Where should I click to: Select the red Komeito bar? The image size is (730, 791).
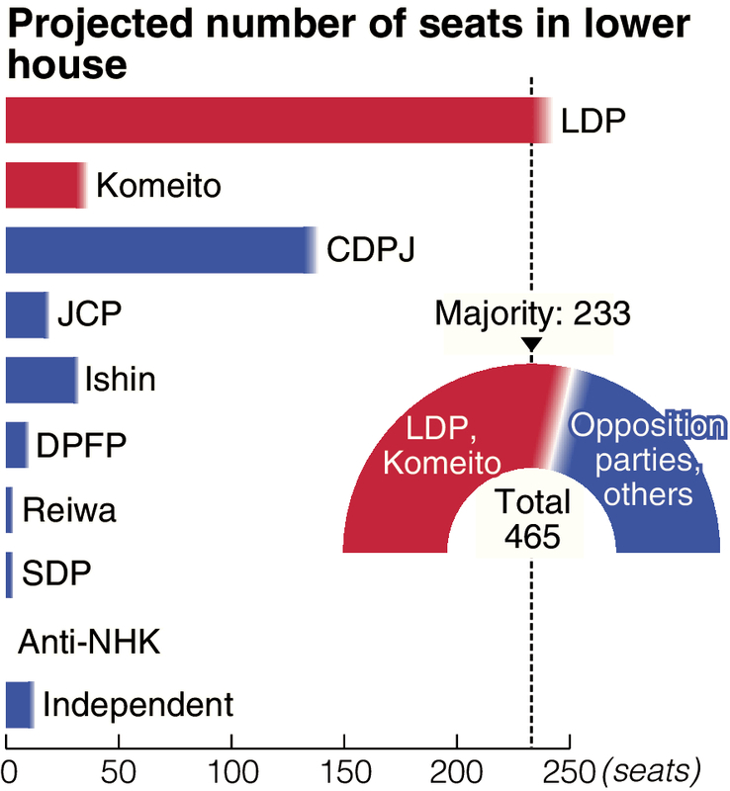pyautogui.click(x=44, y=184)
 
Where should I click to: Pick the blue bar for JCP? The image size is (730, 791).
pyautogui.click(x=25, y=314)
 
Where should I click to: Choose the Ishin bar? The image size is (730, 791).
pyautogui.click(x=40, y=380)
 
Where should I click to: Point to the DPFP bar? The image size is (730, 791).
pyautogui.click(x=16, y=445)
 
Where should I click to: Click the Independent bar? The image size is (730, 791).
pyautogui.click(x=18, y=706)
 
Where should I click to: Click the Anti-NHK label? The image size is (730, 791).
pyautogui.click(x=90, y=643)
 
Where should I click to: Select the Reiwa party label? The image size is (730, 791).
pyautogui.click(x=69, y=511)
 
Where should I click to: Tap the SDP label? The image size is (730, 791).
pyautogui.click(x=55, y=575)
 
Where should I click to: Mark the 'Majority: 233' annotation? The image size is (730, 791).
pyautogui.click(x=532, y=314)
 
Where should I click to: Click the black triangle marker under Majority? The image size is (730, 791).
pyautogui.click(x=531, y=345)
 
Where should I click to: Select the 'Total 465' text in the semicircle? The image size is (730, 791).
pyautogui.click(x=531, y=518)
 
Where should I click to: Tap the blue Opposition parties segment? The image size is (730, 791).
pyautogui.click(x=653, y=465)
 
